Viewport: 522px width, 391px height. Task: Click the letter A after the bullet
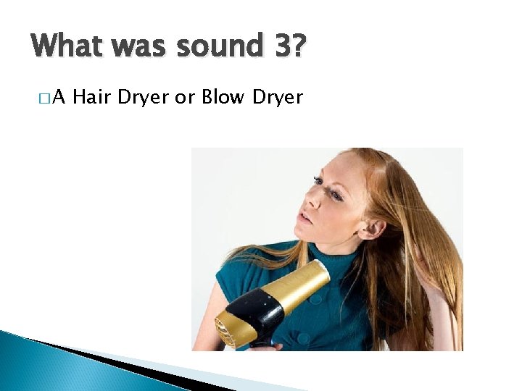point(60,97)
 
